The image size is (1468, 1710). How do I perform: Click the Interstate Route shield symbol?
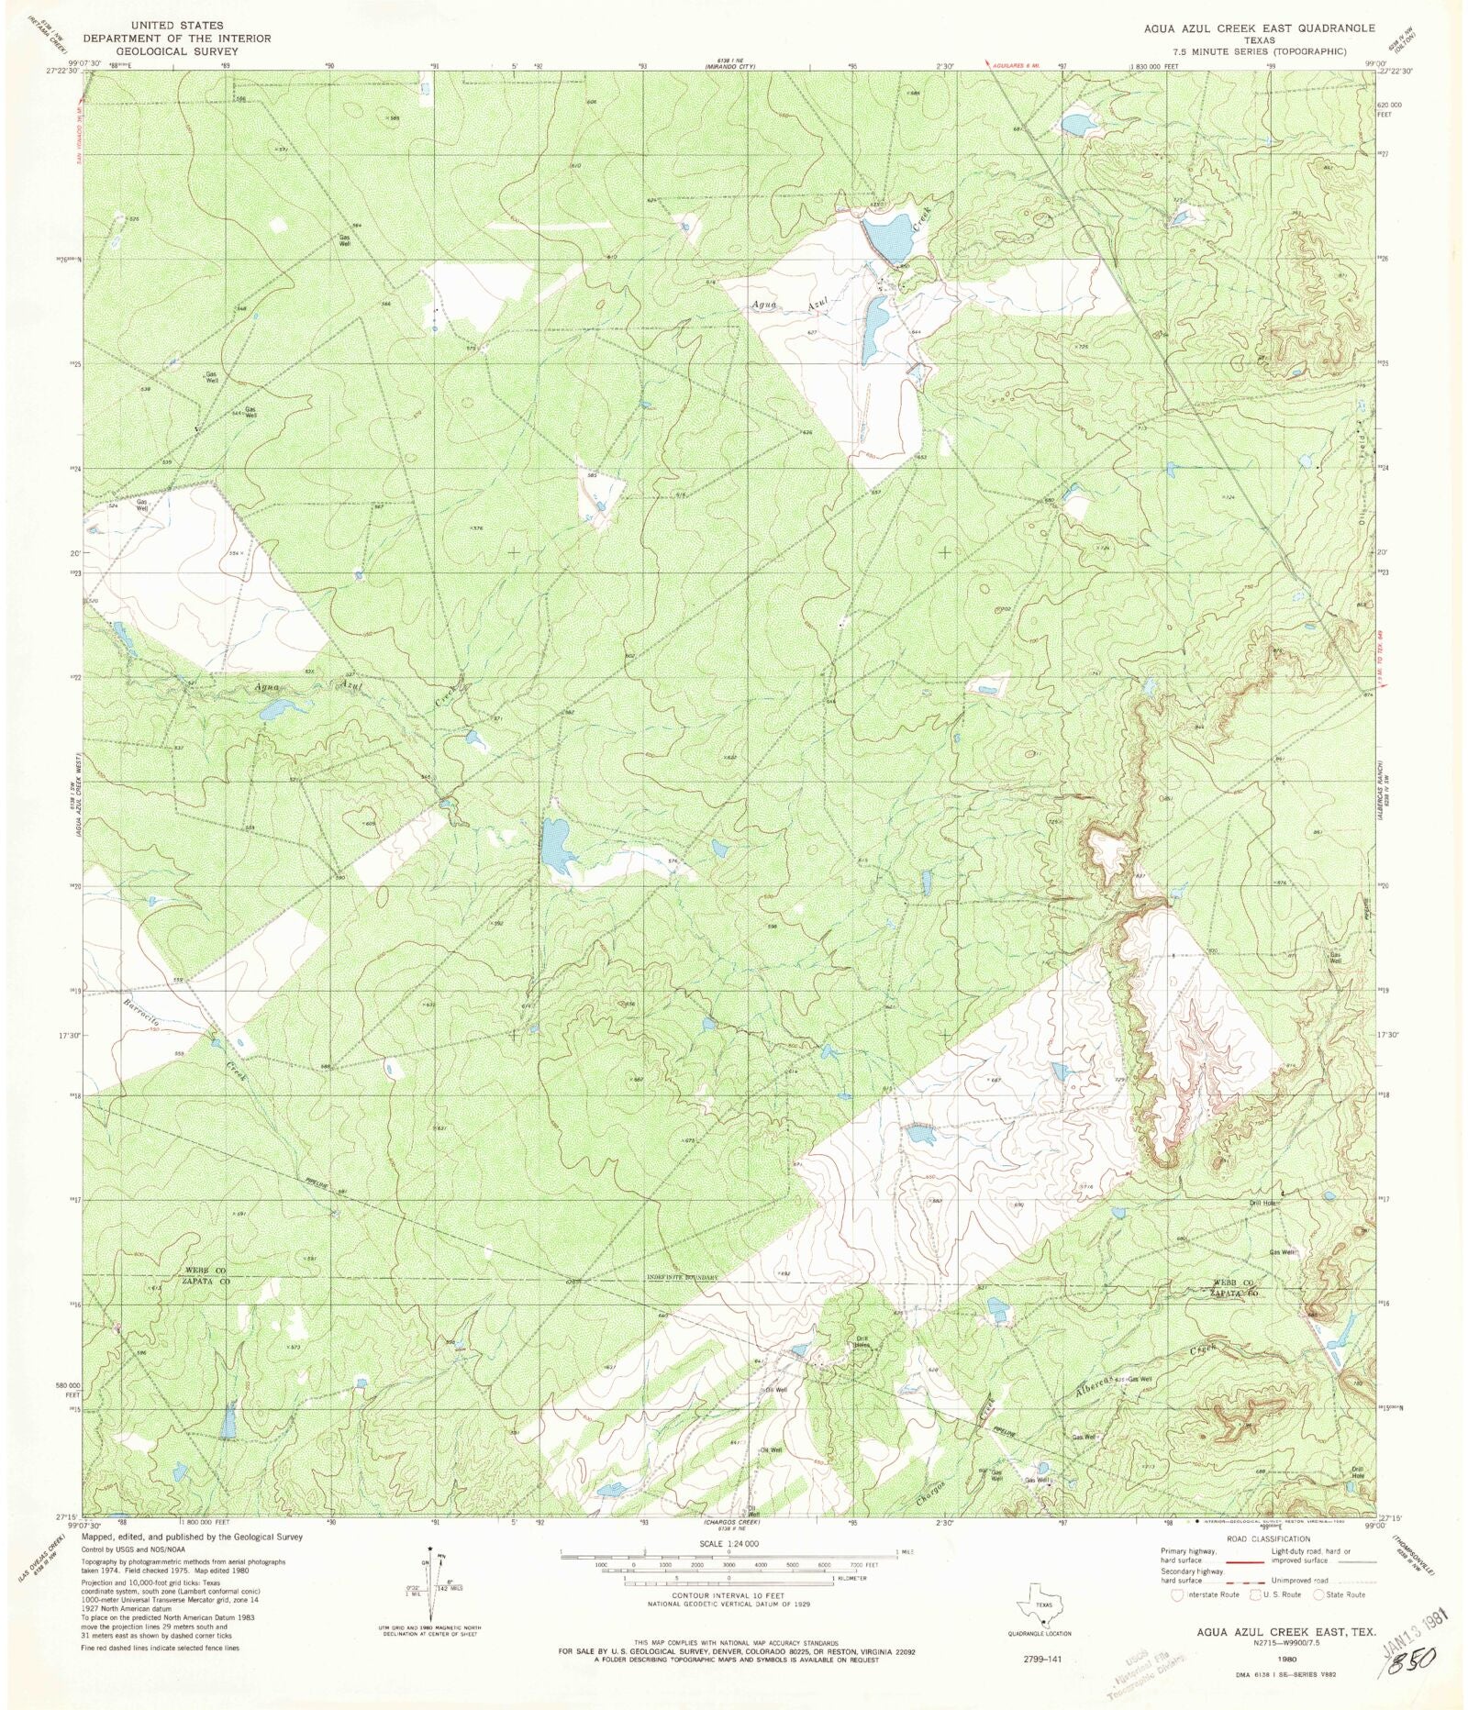pos(1177,1594)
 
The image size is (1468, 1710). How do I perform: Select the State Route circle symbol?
pos(1318,1594)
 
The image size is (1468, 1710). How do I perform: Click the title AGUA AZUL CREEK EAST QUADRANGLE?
pos(1259,28)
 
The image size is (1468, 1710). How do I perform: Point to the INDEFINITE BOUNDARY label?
pos(679,1278)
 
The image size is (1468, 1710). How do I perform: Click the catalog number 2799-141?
pos(1043,1660)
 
